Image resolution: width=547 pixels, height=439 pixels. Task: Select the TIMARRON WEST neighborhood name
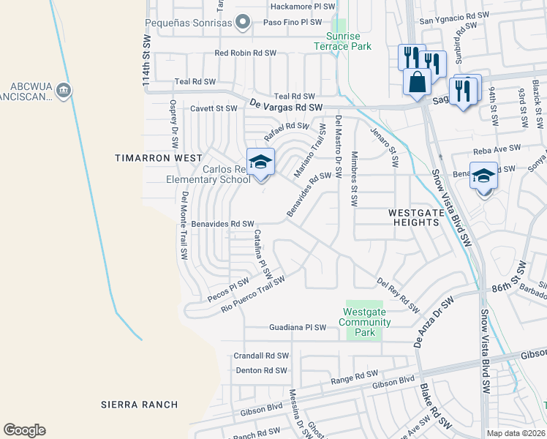point(149,158)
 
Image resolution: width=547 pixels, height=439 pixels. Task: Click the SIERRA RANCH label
point(139,405)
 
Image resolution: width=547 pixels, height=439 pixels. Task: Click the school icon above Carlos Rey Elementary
point(260,162)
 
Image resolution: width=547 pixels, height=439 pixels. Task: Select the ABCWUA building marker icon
point(64,91)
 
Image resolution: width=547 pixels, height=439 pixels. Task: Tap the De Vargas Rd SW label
point(286,106)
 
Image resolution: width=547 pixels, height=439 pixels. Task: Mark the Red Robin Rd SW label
point(245,53)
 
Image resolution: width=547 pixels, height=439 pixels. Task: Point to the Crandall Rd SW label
point(261,356)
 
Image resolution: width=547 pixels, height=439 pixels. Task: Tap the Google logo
point(24,430)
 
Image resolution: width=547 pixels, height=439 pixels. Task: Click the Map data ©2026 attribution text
point(515,433)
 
